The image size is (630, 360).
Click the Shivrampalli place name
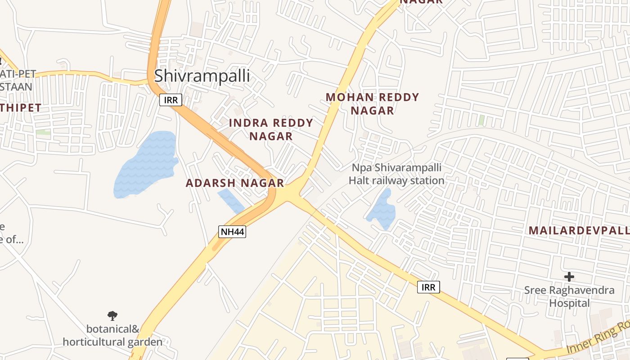pos(202,76)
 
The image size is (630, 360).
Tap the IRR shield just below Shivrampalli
pos(171,100)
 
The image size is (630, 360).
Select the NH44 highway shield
pos(232,232)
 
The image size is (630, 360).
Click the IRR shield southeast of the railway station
pos(428,287)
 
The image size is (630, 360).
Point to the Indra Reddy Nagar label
pos(271,129)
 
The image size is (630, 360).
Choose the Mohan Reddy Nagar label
pos(372,103)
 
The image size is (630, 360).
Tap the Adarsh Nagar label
pos(235,183)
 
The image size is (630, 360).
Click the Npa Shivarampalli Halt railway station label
pos(396,174)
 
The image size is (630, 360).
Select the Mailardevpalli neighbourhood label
pos(579,230)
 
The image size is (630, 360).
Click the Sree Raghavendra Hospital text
pos(569,297)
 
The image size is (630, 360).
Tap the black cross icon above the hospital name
pos(569,276)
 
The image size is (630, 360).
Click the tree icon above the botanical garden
pos(112,315)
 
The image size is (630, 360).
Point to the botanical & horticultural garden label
pos(112,335)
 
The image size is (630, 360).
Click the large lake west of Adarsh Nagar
pos(146,164)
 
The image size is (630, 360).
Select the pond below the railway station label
pos(382,209)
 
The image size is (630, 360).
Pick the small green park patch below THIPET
pos(43,132)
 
